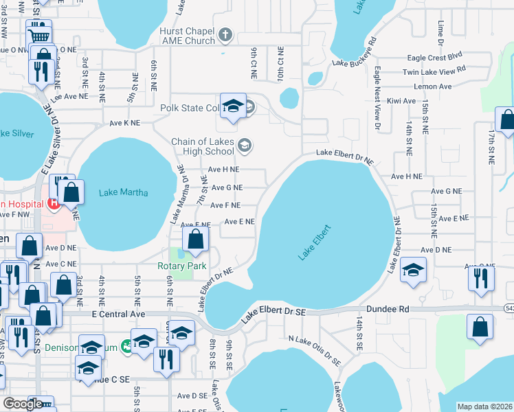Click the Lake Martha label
tap(124, 192)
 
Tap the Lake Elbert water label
tap(315, 242)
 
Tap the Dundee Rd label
tap(389, 310)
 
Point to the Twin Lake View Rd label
tap(434, 70)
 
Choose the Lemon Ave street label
tap(432, 87)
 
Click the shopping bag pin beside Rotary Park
tap(196, 240)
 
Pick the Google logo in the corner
tap(23, 404)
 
